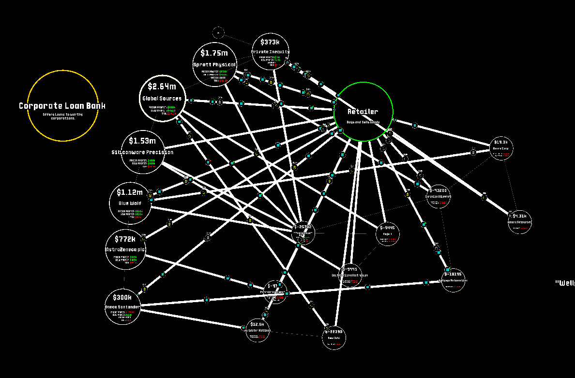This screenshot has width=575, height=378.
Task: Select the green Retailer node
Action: [x=363, y=112]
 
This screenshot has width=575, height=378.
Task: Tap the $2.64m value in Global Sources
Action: [x=162, y=87]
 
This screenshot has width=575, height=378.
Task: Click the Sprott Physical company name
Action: [x=214, y=65]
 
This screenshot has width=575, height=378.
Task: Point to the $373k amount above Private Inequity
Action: [x=270, y=43]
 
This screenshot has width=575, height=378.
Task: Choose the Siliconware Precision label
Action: [x=142, y=152]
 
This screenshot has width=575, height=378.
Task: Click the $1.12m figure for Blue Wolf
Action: [x=130, y=193]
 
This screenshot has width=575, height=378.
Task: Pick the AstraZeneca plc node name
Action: [x=125, y=249]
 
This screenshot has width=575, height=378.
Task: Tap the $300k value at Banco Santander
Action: [x=122, y=297]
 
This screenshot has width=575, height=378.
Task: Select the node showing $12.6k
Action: [x=257, y=330]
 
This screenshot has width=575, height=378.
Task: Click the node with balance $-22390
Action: [x=334, y=337]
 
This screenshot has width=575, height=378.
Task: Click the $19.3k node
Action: [x=501, y=148]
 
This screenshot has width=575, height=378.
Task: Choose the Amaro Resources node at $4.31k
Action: [x=519, y=222]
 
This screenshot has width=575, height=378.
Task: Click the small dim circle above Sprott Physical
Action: [x=218, y=33]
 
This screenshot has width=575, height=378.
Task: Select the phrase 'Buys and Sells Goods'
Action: [x=363, y=122]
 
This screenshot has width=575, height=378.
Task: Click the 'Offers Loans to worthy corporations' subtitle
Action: [x=63, y=116]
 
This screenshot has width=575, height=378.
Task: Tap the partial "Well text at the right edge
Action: [x=565, y=283]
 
